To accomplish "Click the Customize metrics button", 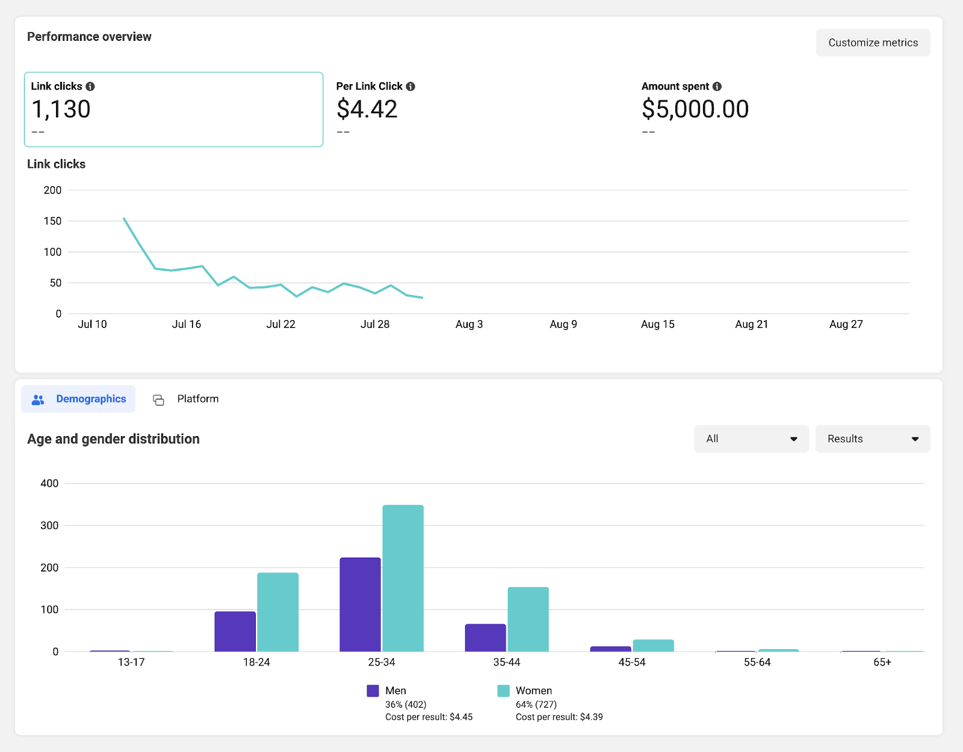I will point(873,43).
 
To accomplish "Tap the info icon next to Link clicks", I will point(90,87).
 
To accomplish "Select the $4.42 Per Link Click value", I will point(367,109).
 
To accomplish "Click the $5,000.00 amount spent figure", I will point(695,109).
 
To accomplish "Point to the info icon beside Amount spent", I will point(717,87).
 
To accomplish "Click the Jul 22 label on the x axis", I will point(280,324).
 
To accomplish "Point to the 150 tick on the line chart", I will point(53,221).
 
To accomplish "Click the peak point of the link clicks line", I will point(124,218).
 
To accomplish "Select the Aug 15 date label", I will point(657,324).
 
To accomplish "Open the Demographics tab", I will point(79,399).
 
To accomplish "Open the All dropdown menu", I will point(751,439).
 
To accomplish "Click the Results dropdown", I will point(872,439).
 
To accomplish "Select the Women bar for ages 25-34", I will point(403,578).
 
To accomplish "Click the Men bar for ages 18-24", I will point(235,632).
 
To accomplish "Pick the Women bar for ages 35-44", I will point(528,620).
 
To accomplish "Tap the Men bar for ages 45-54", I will point(610,649).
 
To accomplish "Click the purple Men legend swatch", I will point(373,691).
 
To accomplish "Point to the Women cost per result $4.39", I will point(559,717).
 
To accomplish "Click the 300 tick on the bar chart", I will point(49,526).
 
